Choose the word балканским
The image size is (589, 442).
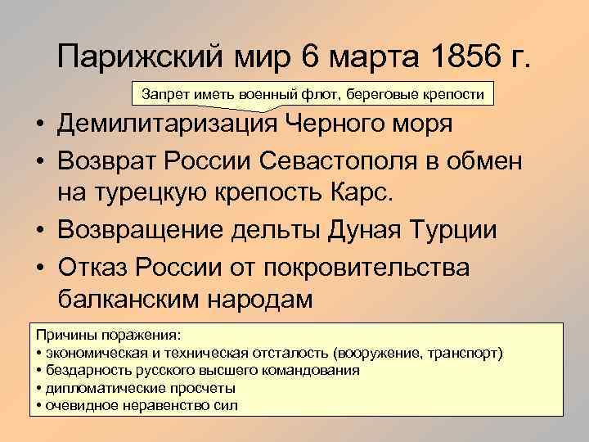coord(141,298)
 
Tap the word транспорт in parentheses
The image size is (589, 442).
coord(465,354)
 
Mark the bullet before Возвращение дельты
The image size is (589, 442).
coord(38,229)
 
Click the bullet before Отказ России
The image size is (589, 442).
coord(38,264)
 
